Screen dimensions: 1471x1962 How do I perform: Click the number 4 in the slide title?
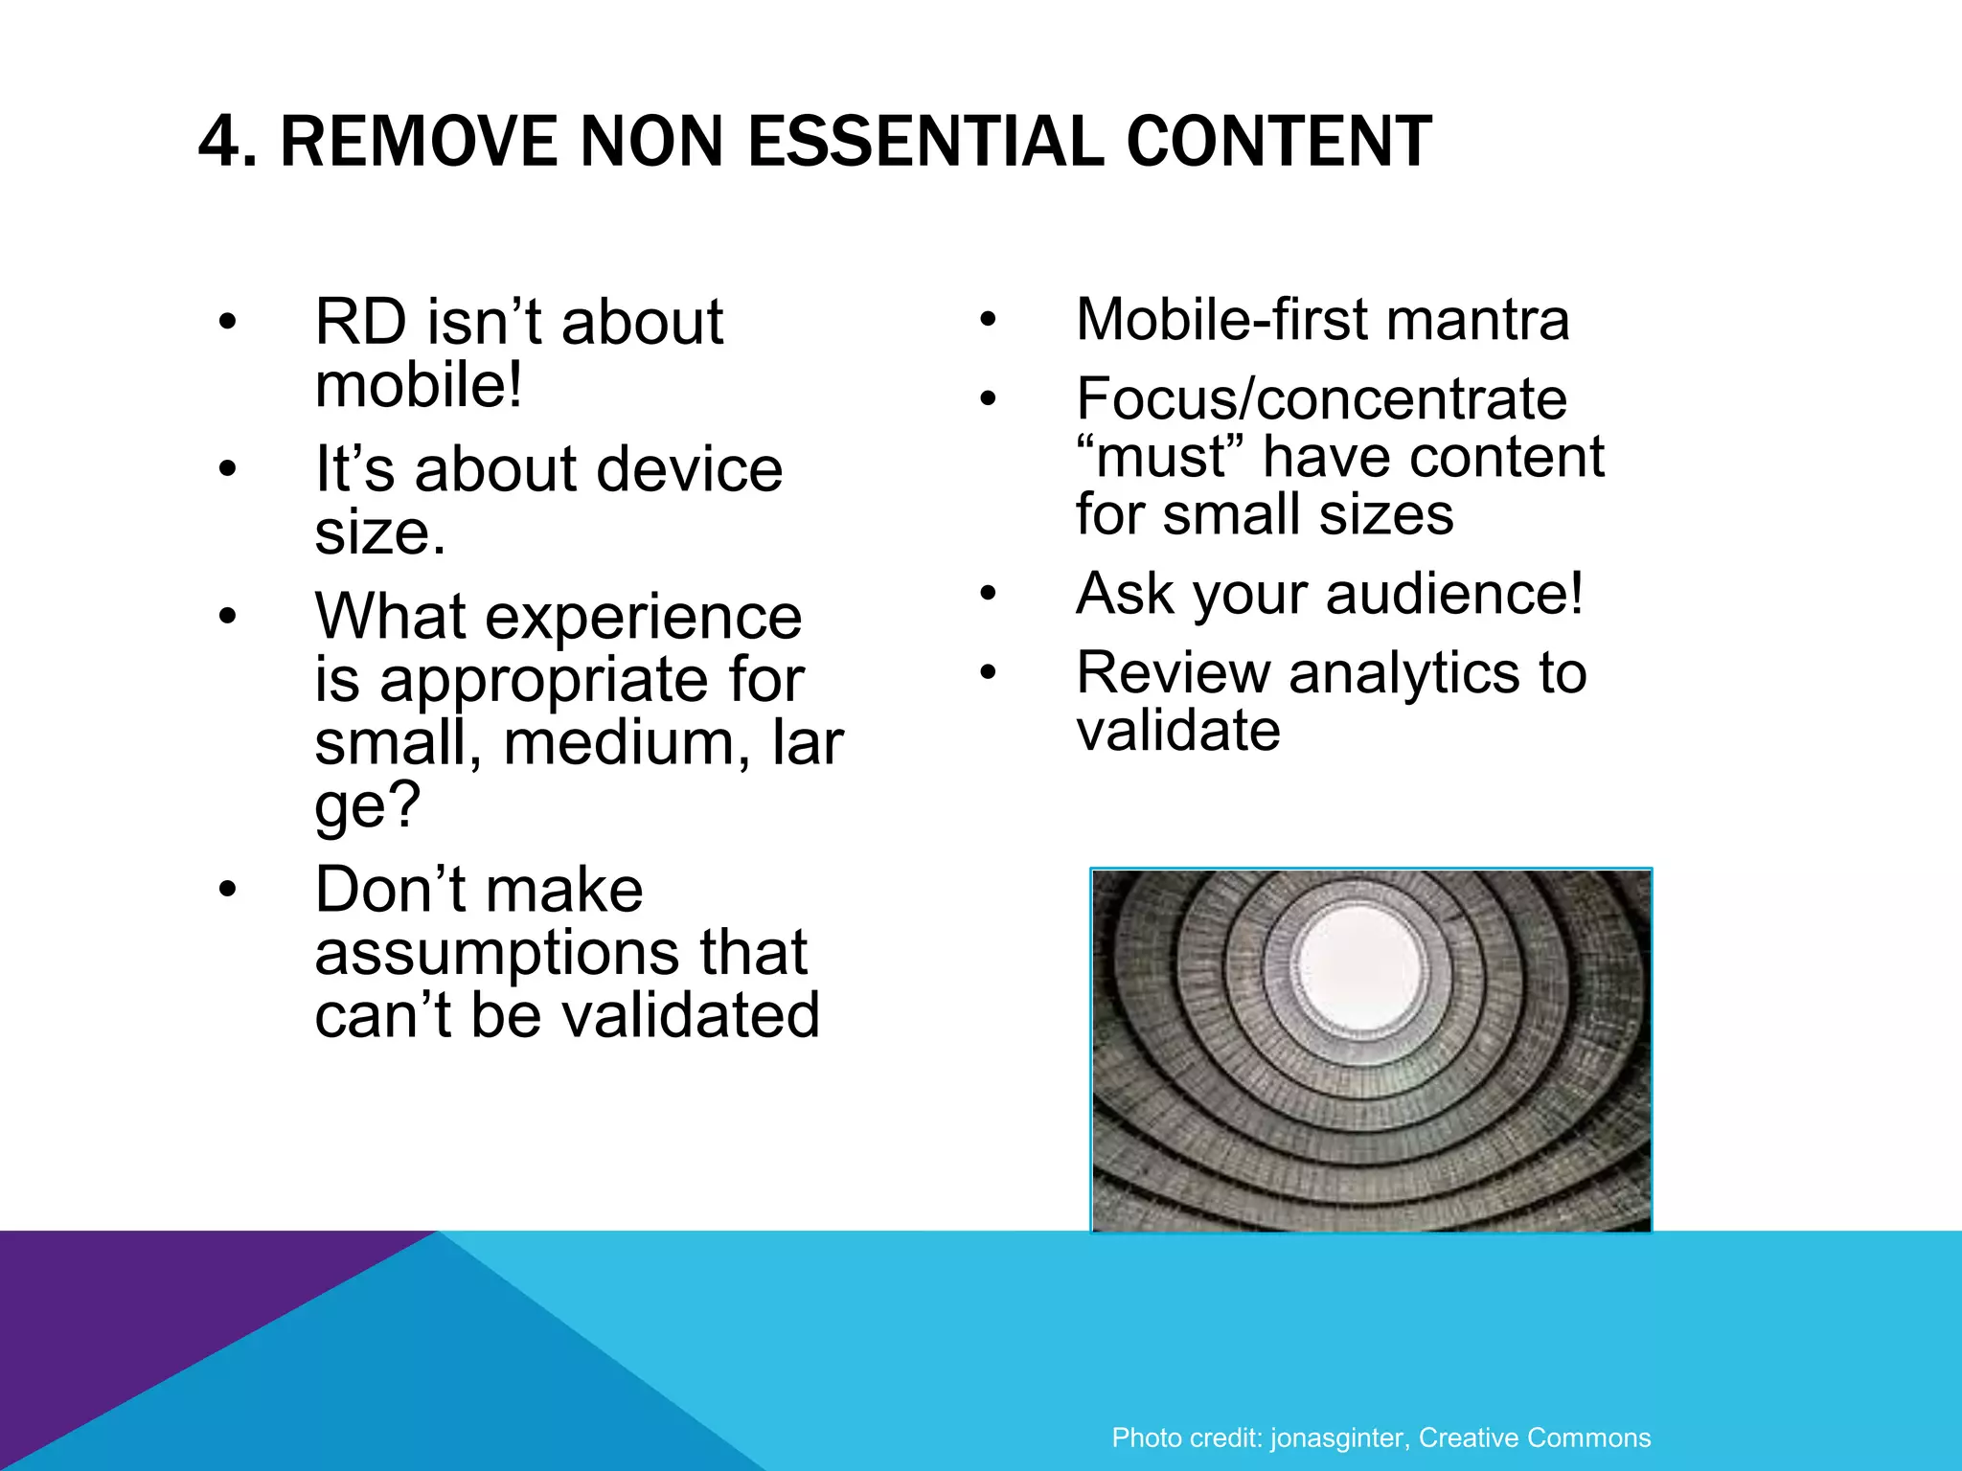218,142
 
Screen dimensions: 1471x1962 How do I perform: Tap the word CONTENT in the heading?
1279,142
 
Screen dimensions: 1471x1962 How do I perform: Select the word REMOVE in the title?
419,142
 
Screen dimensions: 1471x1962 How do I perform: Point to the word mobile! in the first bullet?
419,385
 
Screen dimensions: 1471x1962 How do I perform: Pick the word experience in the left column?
643,617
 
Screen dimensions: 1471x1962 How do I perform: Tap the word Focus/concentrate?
1321,398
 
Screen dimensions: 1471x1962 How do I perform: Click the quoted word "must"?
1158,457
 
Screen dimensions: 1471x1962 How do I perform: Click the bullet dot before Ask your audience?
989,595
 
